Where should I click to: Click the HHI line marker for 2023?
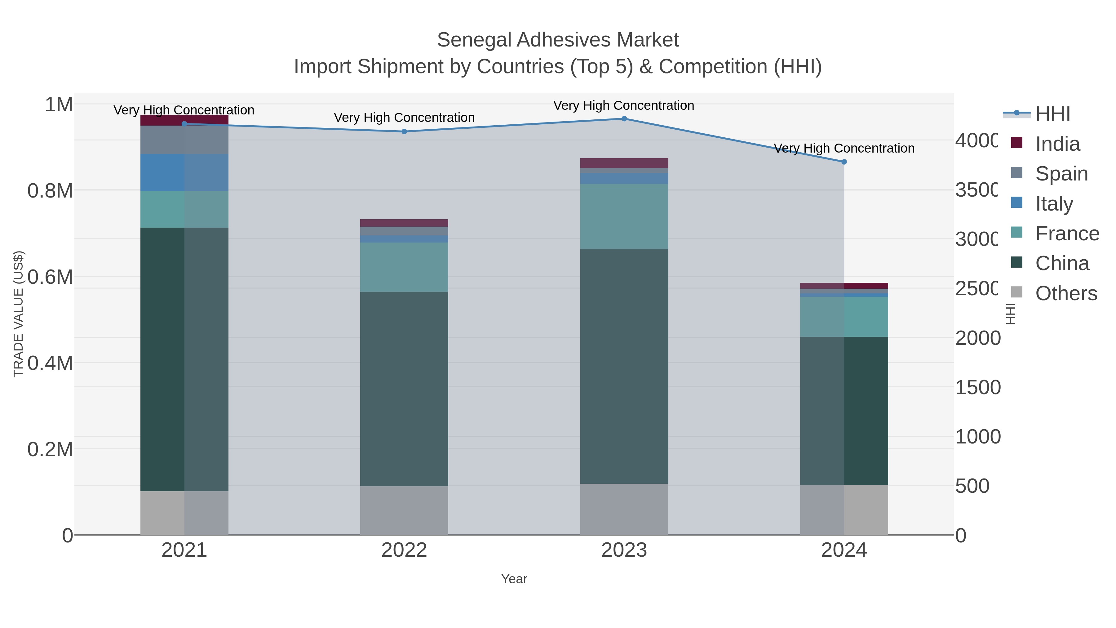(x=624, y=119)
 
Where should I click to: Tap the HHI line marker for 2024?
(x=844, y=162)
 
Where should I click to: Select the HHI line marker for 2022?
(x=404, y=132)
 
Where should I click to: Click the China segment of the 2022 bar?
(x=404, y=389)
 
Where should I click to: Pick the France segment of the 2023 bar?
(x=624, y=216)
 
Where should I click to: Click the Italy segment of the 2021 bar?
(x=184, y=172)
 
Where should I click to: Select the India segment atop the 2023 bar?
(x=624, y=163)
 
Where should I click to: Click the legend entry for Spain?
(x=1061, y=174)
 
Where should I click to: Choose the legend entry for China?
(x=1062, y=264)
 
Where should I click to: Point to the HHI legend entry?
(x=1052, y=114)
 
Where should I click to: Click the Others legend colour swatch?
(x=1016, y=292)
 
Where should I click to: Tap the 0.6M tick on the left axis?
(x=50, y=277)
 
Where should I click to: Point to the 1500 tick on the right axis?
(x=977, y=387)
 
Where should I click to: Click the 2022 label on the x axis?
(x=404, y=550)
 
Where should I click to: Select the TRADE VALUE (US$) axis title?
(x=18, y=314)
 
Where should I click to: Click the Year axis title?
(x=514, y=579)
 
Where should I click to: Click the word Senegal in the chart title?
(x=474, y=40)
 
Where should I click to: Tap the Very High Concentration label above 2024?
(x=844, y=148)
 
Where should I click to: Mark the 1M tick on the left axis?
(x=59, y=105)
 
